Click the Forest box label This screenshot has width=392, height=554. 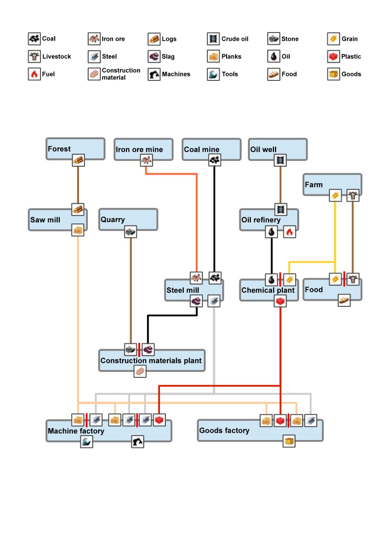pos(59,149)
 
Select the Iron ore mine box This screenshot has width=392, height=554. pos(144,149)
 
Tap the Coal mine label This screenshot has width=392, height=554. pos(201,149)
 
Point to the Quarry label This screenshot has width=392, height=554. pos(113,220)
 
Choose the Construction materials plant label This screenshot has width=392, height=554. pos(151,361)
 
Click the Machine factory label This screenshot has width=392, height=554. pos(76,431)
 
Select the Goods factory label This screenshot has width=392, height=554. pos(224,431)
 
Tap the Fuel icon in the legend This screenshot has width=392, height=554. pos(34,74)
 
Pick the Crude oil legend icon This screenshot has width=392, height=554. pos(213,39)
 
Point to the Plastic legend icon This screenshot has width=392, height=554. pos(334,57)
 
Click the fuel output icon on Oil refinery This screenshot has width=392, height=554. pos(290,232)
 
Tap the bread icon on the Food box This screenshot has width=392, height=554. pos(344,300)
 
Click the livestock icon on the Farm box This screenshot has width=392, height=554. pos(353,195)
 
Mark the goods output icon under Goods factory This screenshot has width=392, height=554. pos(289,441)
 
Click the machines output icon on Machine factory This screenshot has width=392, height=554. pos(138,442)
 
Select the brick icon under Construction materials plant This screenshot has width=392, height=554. pos(140,371)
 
